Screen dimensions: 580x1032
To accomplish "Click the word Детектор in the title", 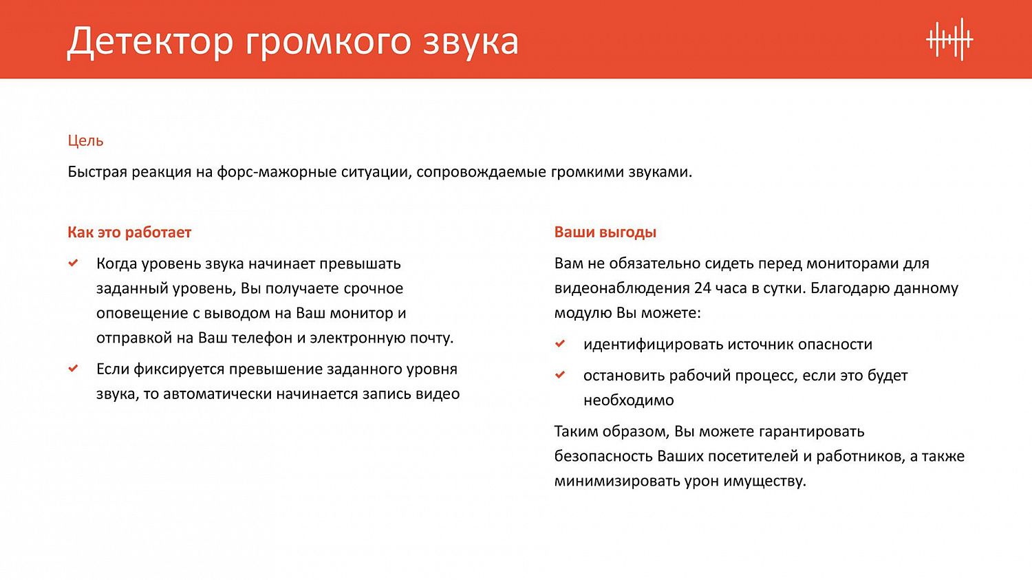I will pyautogui.click(x=150, y=41).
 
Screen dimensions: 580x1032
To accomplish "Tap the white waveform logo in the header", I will pyautogui.click(x=949, y=40).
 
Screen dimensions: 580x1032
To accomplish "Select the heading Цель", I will pyautogui.click(x=85, y=140).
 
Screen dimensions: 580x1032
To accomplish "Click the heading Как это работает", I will pyautogui.click(x=129, y=233).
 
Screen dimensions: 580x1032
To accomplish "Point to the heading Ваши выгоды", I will pyautogui.click(x=605, y=233).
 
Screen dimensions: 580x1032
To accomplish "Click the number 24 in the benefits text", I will pyautogui.click(x=702, y=288).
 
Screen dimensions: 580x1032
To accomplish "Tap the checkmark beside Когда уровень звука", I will pyautogui.click(x=74, y=264).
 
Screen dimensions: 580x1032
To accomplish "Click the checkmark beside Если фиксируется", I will pyautogui.click(x=74, y=369).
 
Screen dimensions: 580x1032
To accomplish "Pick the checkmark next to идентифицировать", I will pyautogui.click(x=561, y=344).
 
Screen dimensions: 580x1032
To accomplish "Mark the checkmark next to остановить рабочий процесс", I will pyautogui.click(x=561, y=375).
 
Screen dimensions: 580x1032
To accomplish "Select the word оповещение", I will pyautogui.click(x=142, y=313).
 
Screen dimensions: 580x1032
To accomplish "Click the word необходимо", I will pyautogui.click(x=628, y=400).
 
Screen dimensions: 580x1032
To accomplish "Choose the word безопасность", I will pyautogui.click(x=603, y=456).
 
